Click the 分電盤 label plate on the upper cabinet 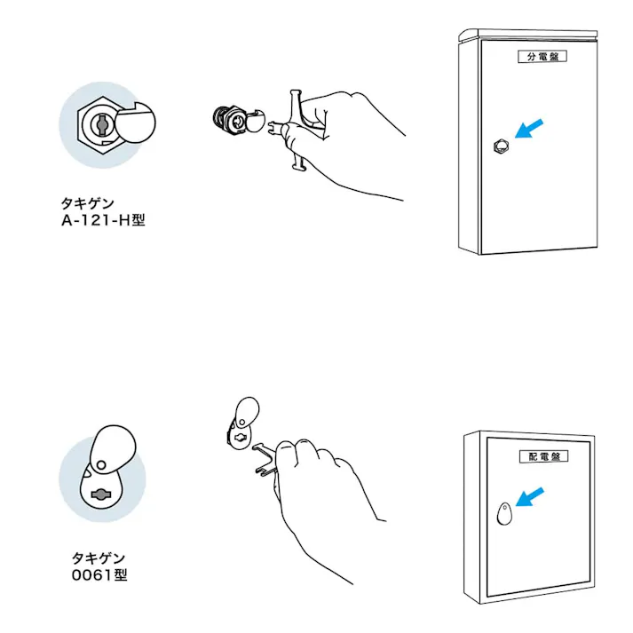[542, 56]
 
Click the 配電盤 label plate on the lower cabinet [544, 456]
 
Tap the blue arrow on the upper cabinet [529, 129]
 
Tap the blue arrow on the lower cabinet [530, 496]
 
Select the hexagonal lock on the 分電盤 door [501, 146]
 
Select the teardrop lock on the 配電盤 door [504, 513]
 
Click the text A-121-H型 [103, 220]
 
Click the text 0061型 [99, 575]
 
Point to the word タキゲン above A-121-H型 [88, 203]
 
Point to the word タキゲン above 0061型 [99, 558]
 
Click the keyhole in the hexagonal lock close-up [100, 125]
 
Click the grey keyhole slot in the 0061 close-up [99, 495]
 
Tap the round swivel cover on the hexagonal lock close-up [135, 123]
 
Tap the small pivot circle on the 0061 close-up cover [101, 465]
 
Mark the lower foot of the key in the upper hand [298, 164]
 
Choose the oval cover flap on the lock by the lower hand [247, 411]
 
